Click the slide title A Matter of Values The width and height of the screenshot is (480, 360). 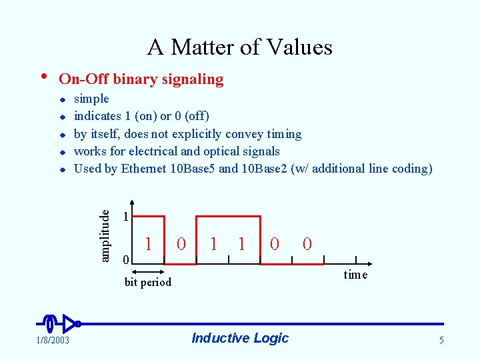(239, 47)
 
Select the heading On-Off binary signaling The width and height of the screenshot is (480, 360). (141, 79)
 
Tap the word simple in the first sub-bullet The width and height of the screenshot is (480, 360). (91, 99)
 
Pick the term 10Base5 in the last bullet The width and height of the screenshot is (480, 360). (193, 169)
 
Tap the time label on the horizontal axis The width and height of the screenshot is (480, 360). (355, 275)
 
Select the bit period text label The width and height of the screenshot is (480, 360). (148, 282)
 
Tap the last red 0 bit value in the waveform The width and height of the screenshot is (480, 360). (307, 244)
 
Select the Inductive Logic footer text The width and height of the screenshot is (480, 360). (239, 338)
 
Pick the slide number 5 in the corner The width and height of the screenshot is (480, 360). (441, 341)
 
